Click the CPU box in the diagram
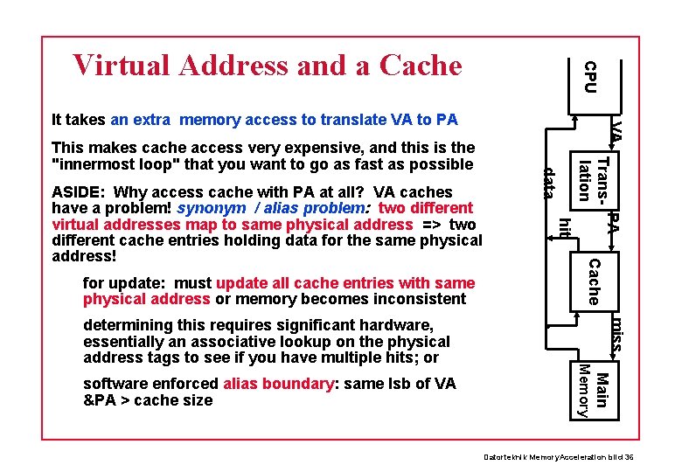click(x=591, y=76)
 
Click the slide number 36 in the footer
click(x=637, y=458)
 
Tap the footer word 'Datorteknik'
click(x=503, y=458)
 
